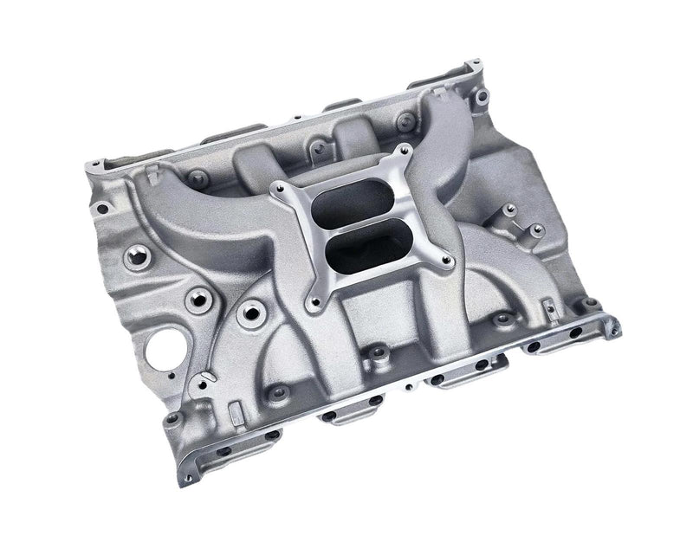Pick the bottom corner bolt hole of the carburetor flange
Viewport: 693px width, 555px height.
pos(317,303)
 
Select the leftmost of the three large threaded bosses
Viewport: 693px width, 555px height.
pos(135,256)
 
